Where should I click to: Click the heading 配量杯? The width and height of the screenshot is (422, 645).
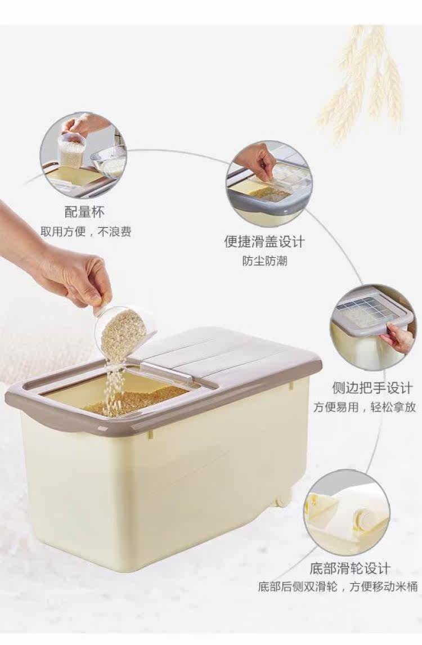coord(85,212)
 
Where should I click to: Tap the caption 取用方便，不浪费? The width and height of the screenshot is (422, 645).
coord(86,231)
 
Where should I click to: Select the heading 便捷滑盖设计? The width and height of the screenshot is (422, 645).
coord(264,241)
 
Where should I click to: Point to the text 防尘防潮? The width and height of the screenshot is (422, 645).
coord(264,261)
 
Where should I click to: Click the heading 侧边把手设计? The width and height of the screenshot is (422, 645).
coord(372,388)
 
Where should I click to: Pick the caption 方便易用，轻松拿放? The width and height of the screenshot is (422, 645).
coord(365,407)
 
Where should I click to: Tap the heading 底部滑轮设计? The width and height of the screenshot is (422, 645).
coord(349,569)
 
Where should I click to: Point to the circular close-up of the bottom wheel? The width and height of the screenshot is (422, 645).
coord(347,513)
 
